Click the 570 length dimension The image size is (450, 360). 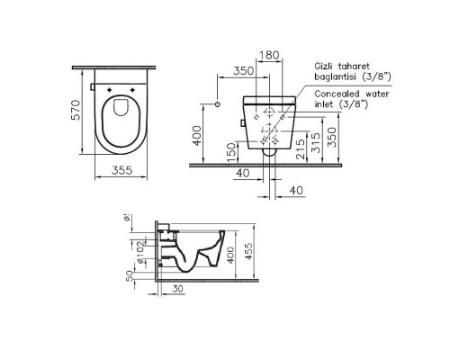click(x=77, y=110)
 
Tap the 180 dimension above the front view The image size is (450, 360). click(x=267, y=56)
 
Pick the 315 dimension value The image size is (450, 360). click(x=314, y=140)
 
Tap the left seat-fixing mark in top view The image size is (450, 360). click(x=110, y=91)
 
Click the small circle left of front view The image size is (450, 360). click(x=207, y=93)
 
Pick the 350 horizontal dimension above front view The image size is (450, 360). click(x=238, y=68)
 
